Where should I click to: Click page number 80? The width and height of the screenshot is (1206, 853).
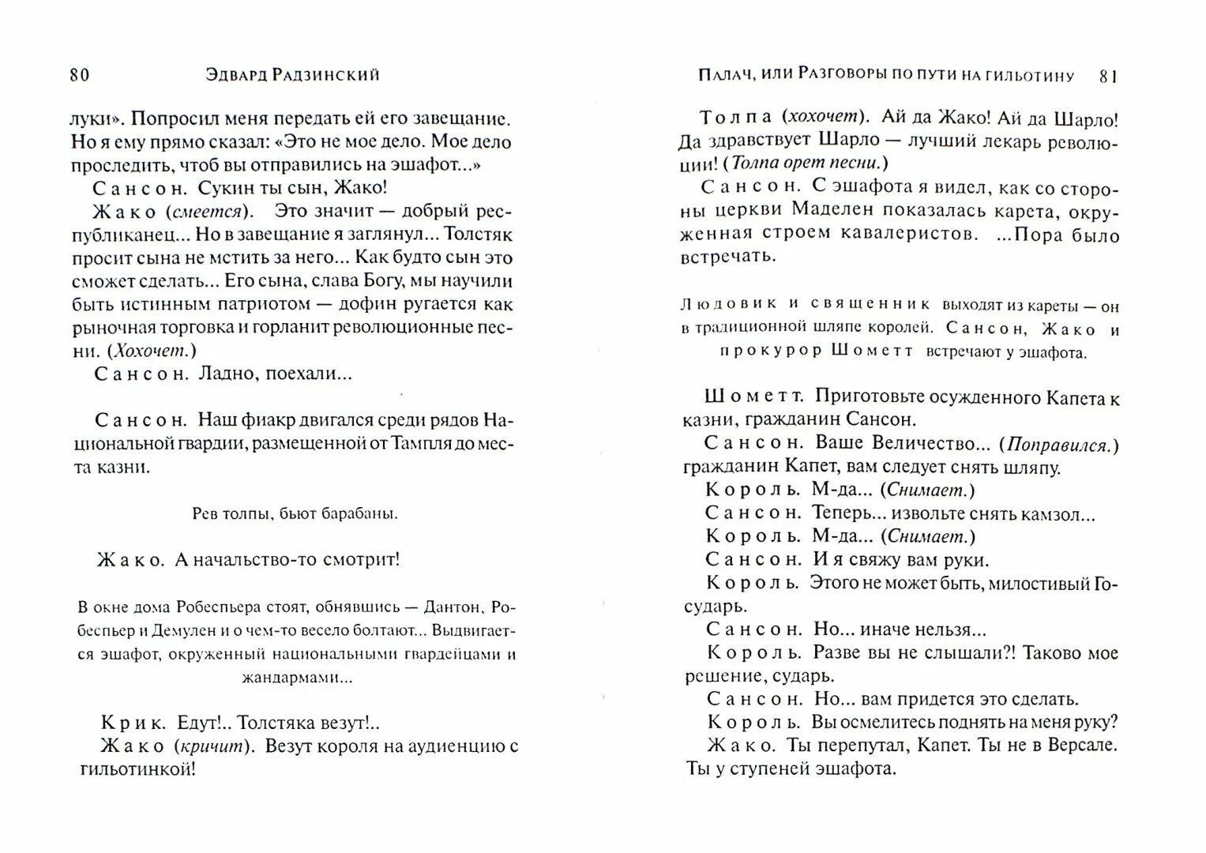click(80, 75)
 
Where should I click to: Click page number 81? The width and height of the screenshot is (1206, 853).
click(1109, 77)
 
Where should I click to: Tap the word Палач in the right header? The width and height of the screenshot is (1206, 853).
click(724, 76)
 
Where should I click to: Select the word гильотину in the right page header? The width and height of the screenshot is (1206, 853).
click(1031, 77)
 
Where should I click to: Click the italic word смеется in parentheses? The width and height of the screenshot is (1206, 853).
click(213, 211)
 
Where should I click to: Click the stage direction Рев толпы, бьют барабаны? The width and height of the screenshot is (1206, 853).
click(295, 514)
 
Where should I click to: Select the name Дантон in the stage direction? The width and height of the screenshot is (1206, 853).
click(453, 607)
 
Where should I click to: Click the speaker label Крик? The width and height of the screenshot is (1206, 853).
click(133, 723)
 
